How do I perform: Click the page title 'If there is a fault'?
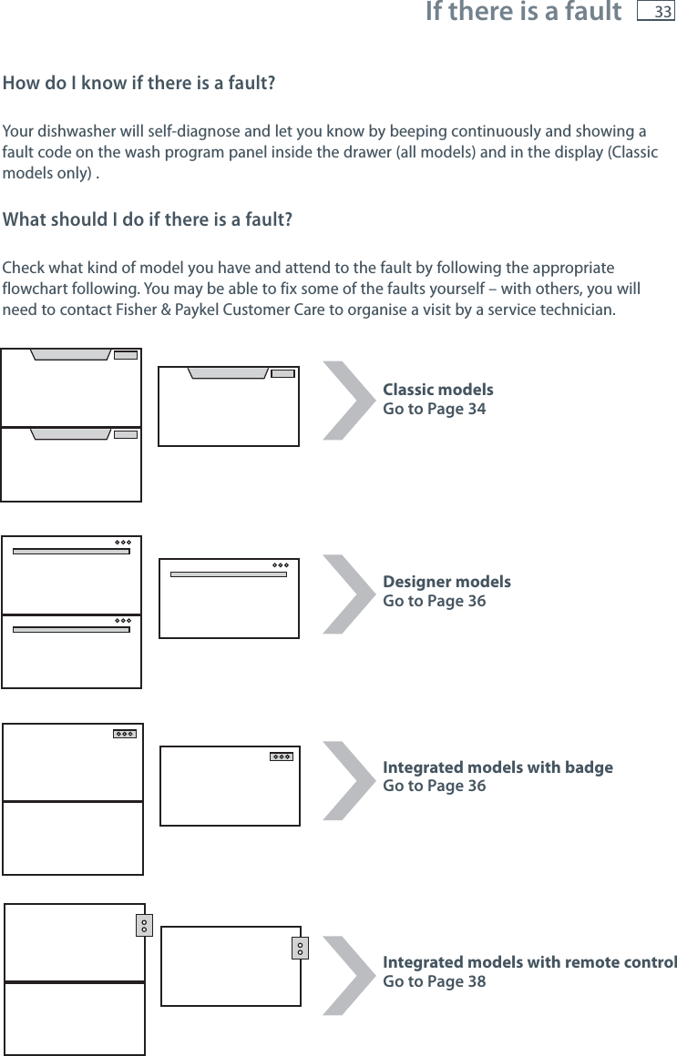[523, 13]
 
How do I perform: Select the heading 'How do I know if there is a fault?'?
[140, 85]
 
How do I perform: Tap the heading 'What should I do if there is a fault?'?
[148, 221]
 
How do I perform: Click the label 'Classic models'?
[438, 390]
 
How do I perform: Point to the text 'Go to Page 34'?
[434, 409]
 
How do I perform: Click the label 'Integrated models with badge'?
[497, 767]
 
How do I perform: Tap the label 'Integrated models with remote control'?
[529, 962]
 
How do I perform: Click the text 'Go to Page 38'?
[434, 981]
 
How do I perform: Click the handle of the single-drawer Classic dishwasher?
[229, 372]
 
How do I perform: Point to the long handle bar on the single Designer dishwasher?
[229, 574]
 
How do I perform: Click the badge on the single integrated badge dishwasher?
[282, 756]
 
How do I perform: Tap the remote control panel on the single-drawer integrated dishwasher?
[300, 948]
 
